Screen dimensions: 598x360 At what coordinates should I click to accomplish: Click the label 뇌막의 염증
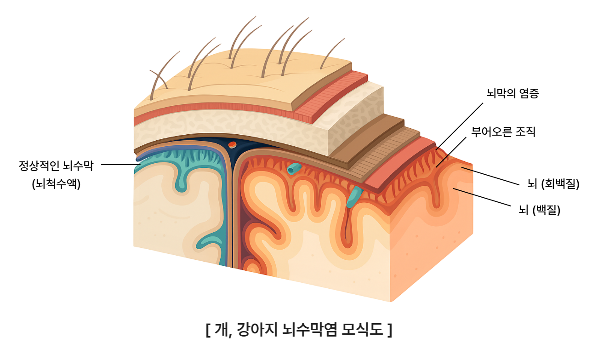tap(513, 93)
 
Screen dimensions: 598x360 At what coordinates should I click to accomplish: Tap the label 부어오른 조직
tap(503, 132)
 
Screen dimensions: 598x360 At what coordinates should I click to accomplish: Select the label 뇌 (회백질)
tap(553, 184)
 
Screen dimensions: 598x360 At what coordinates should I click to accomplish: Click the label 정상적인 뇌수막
tap(56, 166)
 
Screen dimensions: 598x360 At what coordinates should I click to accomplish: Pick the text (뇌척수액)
tap(56, 184)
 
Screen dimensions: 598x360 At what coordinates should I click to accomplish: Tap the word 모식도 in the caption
tap(362, 330)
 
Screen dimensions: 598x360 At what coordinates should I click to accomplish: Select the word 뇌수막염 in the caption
tap(310, 330)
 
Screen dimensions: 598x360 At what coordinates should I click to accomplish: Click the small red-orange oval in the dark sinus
tap(232, 145)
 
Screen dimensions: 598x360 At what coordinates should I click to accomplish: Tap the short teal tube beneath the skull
tap(293, 169)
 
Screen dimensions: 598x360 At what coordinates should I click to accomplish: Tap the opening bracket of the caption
tap(208, 330)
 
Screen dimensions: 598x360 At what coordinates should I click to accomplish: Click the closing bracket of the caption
tap(389, 330)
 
